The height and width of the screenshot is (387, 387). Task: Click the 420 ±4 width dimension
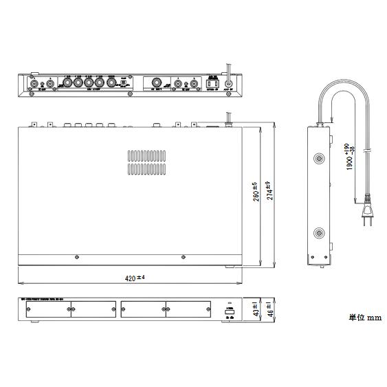(135, 278)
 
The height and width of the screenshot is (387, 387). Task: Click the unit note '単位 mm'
(364, 318)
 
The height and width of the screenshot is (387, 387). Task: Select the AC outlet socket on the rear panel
(212, 85)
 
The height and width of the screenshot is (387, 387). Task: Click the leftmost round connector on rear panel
(34, 85)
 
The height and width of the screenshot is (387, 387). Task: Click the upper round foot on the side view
(318, 159)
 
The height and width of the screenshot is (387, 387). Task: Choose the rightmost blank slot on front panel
(187, 311)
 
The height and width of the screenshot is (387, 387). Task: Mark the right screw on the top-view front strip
(183, 258)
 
